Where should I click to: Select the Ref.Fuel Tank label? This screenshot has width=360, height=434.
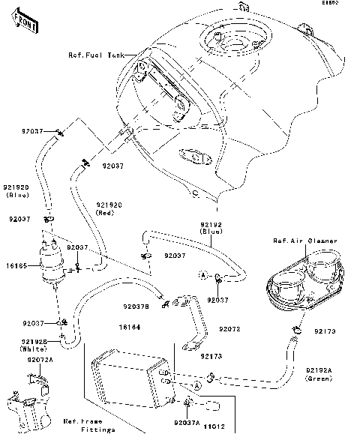point(97,55)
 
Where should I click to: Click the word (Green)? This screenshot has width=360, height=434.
point(320,379)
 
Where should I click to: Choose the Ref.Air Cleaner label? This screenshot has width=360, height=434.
point(304,241)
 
